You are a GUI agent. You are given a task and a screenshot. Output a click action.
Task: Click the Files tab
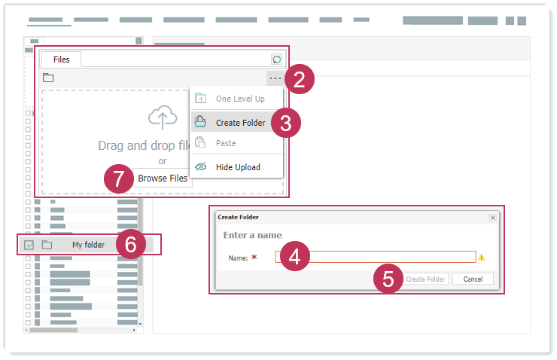coord(61,59)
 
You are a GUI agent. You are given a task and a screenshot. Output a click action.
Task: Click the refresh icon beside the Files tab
coord(276,59)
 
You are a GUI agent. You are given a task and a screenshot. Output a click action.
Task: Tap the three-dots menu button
coord(275,78)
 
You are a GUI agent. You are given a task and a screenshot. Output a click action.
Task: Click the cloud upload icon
coord(163,117)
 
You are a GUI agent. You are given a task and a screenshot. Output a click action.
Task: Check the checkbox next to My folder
coord(29,245)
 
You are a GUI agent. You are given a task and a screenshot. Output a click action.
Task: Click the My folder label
coord(89,245)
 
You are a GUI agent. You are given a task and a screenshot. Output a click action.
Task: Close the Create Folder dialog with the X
coord(493,218)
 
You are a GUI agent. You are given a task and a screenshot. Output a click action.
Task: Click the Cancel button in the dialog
coord(473,279)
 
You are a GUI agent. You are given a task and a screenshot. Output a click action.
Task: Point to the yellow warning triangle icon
coord(481,257)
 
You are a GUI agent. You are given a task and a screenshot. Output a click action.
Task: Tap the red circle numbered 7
coord(119,178)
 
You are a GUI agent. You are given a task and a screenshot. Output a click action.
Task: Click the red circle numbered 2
coord(299,79)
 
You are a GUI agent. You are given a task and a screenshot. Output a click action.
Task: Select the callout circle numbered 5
coord(388,279)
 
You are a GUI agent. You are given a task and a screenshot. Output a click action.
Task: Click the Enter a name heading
coord(253,235)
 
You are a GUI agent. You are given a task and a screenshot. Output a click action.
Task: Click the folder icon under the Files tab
coord(48,78)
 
